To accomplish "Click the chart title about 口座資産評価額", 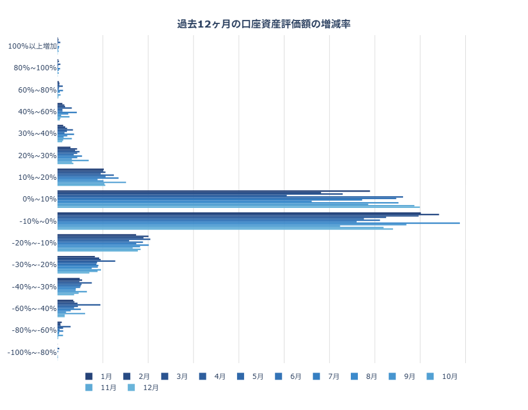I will [264, 24].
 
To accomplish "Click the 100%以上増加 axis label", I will [32, 46].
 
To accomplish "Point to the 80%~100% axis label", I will [35, 68].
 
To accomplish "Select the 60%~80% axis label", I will [37, 90].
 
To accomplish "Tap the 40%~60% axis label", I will [37, 112].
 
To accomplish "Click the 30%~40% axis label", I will [37, 134].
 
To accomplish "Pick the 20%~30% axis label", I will [37, 156].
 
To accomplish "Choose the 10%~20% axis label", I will [37, 177].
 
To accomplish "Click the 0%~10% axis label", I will [39, 199].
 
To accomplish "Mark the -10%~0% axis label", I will [38, 221].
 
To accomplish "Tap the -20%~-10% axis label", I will [34, 243].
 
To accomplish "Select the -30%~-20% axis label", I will [34, 265].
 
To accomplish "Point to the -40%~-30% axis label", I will [34, 287].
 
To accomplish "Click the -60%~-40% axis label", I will [34, 309].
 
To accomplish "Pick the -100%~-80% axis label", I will [32, 353].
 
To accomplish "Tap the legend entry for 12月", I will [144, 388].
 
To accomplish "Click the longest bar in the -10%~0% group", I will [258, 223].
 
